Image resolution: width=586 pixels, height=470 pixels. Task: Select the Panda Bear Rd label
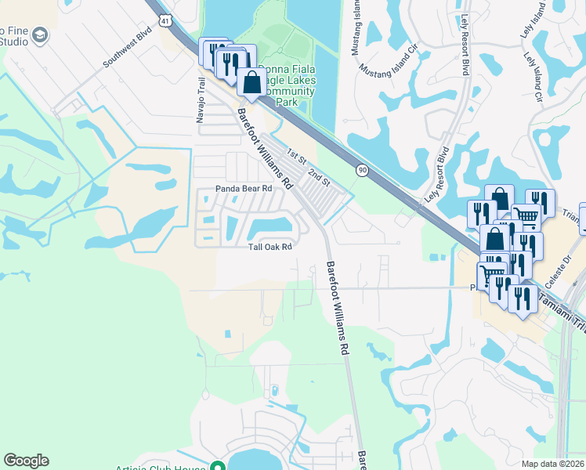(x=244, y=189)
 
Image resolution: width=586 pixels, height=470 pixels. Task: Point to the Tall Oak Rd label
(x=270, y=247)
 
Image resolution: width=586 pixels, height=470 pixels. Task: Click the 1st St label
(x=295, y=154)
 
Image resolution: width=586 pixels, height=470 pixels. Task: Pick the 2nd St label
(x=320, y=175)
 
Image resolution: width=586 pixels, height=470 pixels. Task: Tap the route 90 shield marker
(x=361, y=169)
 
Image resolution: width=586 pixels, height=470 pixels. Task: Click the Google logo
(x=26, y=461)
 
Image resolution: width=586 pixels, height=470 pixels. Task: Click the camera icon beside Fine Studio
(x=41, y=35)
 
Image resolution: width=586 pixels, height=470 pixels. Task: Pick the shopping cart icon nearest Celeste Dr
(x=491, y=274)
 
